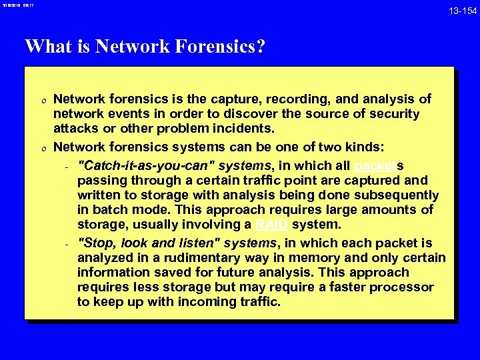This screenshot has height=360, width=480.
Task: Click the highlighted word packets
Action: click(377, 166)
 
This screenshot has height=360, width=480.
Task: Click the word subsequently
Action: click(399, 195)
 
